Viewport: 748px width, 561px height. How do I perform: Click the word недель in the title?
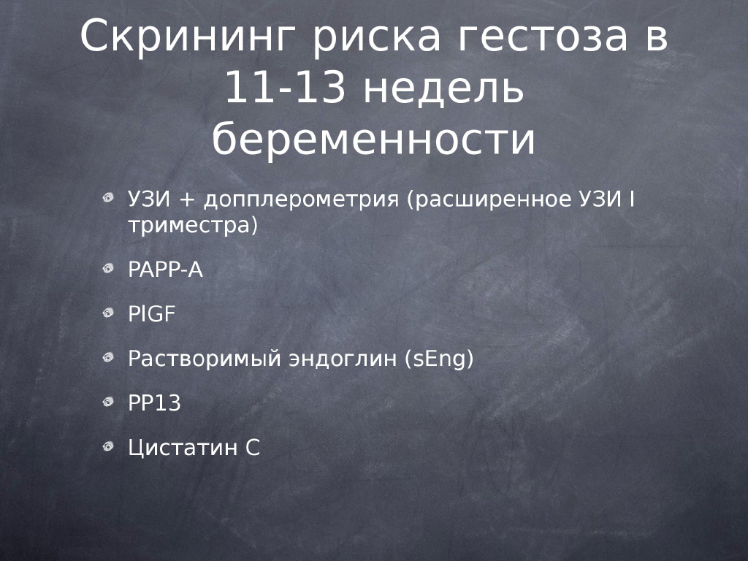coord(443,88)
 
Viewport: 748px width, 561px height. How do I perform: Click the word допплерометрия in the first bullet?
coord(301,199)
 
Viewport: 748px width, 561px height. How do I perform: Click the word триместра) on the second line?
coord(193,225)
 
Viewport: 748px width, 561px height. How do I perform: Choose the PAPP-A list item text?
coord(166,270)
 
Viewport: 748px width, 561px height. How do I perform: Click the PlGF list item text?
coord(152,314)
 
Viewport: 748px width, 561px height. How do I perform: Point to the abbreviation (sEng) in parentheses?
coord(439,359)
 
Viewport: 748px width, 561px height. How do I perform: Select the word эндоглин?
coord(343,359)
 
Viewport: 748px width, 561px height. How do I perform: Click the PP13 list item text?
coord(155,403)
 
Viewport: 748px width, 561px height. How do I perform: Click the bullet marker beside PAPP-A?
coord(108,269)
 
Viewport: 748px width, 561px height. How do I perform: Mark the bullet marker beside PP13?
coord(108,402)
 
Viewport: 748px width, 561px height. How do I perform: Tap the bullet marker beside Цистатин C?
coord(108,446)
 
